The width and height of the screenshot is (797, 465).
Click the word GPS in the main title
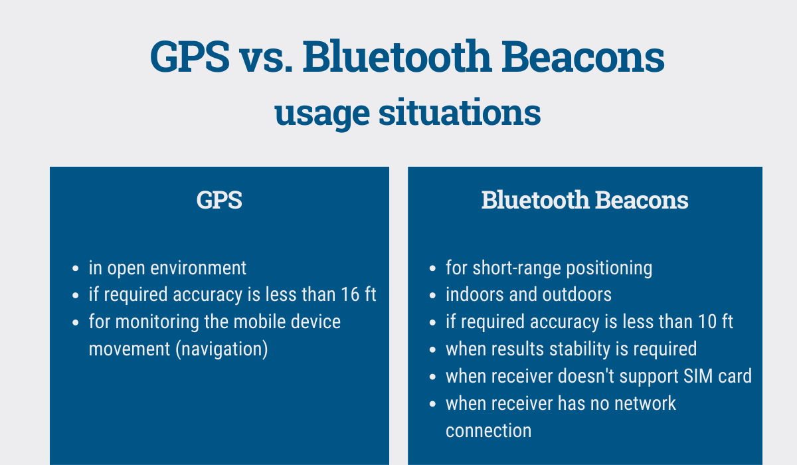[x=190, y=57]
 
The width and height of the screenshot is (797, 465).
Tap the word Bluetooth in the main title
[x=397, y=56]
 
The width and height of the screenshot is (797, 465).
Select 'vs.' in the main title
[x=266, y=61]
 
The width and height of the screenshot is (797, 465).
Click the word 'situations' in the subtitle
[x=460, y=112]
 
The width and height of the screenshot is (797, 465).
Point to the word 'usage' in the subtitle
[x=322, y=116]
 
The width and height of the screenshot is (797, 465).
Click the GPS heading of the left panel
[x=219, y=200]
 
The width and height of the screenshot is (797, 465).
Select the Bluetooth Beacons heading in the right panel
[x=584, y=200]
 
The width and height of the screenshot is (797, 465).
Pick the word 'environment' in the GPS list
[x=198, y=268]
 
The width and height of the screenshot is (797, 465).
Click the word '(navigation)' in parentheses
[x=222, y=349]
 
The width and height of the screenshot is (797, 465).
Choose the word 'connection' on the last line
[x=489, y=431]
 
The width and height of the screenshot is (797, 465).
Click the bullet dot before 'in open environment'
[x=75, y=268]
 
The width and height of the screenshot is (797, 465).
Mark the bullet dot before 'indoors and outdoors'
[x=432, y=296]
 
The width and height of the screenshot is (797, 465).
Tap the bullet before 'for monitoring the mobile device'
[x=75, y=323]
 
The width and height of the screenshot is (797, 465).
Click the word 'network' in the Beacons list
[x=645, y=404]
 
